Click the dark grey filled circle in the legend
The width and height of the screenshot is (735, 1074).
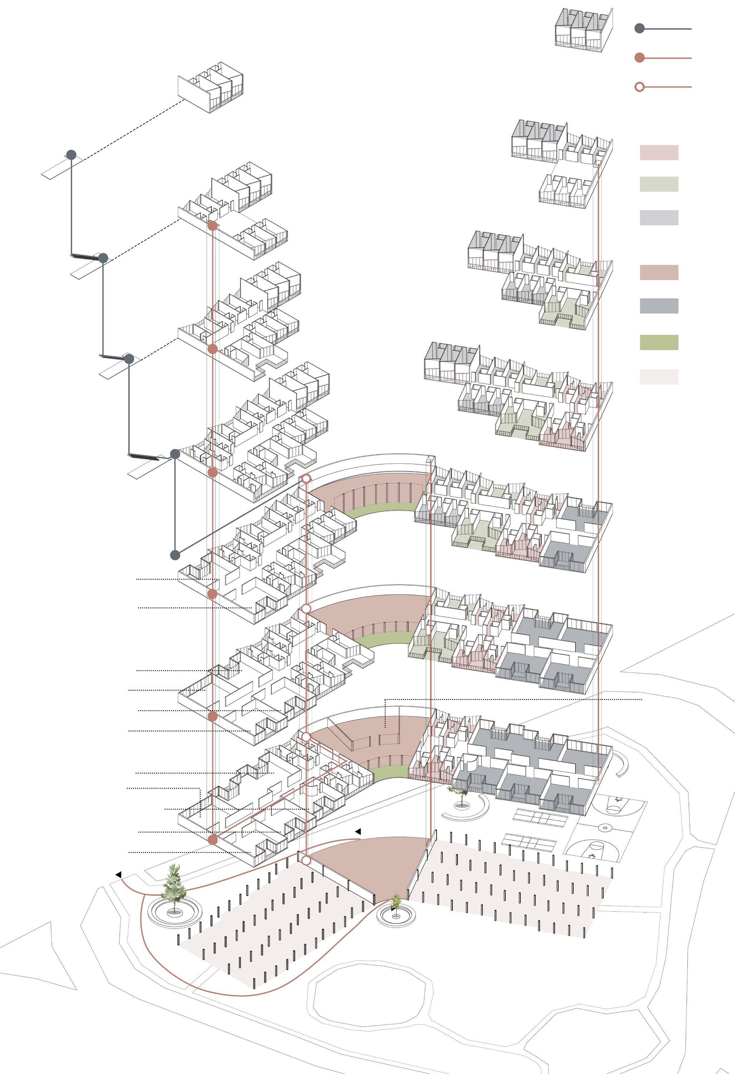[x=640, y=29]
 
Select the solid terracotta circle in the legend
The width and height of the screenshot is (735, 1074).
[x=640, y=58]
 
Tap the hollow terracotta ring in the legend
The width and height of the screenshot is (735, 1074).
[x=640, y=87]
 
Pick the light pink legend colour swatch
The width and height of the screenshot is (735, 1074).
[x=659, y=152]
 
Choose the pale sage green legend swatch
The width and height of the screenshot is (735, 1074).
[x=659, y=184]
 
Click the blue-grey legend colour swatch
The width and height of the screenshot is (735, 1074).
[x=659, y=306]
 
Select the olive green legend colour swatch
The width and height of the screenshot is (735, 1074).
[x=659, y=342]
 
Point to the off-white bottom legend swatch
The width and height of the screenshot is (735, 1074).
[x=659, y=376]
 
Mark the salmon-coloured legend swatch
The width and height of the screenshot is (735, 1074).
[x=659, y=273]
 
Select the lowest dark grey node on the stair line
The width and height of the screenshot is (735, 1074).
[x=175, y=555]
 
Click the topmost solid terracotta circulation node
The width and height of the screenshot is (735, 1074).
[x=212, y=226]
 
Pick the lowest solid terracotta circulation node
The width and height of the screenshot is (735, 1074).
[x=212, y=840]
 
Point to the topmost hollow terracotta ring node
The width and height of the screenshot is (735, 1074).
[x=306, y=479]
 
